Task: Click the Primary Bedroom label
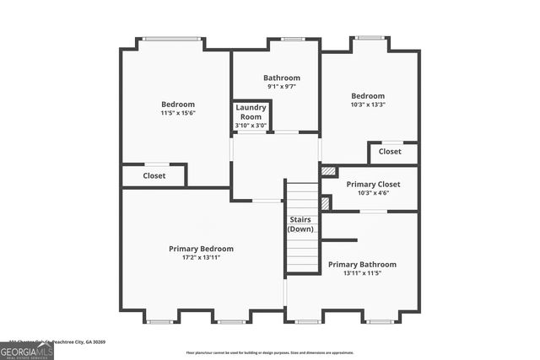[201, 249]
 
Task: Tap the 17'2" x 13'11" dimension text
[201, 258]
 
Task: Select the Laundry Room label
[251, 112]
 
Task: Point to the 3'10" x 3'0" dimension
[251, 126]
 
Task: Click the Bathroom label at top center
[281, 78]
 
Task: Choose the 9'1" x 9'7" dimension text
[281, 87]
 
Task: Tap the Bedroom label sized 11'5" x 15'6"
[178, 104]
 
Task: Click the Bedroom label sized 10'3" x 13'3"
[368, 96]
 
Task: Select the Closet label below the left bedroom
[154, 176]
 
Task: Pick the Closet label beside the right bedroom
[390, 152]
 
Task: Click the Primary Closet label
[373, 184]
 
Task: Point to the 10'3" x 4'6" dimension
[373, 193]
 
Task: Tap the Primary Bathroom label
[362, 264]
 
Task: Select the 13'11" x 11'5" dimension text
[362, 273]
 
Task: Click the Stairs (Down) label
[301, 224]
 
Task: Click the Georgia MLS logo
[27, 350]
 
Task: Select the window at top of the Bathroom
[293, 39]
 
